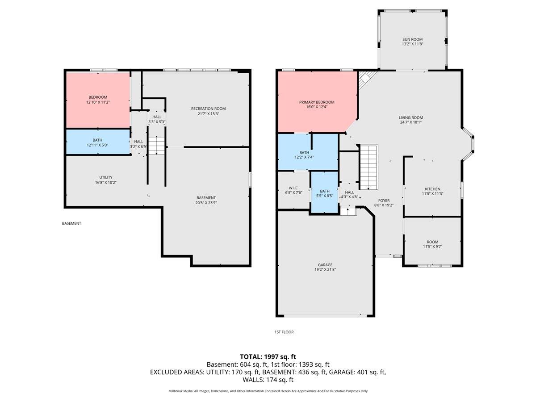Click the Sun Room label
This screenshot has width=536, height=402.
(412, 39)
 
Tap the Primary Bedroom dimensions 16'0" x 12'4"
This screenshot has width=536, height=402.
(317, 107)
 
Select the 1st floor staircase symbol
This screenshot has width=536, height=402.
(369, 167)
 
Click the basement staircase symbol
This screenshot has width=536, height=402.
(156, 146)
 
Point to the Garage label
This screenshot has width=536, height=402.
(325, 265)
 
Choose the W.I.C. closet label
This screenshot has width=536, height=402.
(293, 188)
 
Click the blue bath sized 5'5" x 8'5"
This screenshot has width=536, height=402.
(324, 193)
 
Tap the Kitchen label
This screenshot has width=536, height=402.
(432, 189)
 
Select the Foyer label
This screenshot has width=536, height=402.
(384, 201)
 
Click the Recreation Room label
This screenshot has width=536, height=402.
(208, 109)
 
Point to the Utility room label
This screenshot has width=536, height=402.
(106, 177)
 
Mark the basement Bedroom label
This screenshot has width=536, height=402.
(97, 97)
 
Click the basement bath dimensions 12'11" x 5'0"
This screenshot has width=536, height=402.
(97, 145)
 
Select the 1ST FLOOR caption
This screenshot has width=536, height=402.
(284, 332)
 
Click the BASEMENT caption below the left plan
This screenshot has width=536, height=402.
(71, 223)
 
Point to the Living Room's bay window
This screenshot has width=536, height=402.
(469, 143)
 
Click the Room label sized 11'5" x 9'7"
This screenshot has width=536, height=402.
(432, 242)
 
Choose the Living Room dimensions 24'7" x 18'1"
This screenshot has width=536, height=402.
(410, 122)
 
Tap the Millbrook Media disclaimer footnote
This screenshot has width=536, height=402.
(268, 391)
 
